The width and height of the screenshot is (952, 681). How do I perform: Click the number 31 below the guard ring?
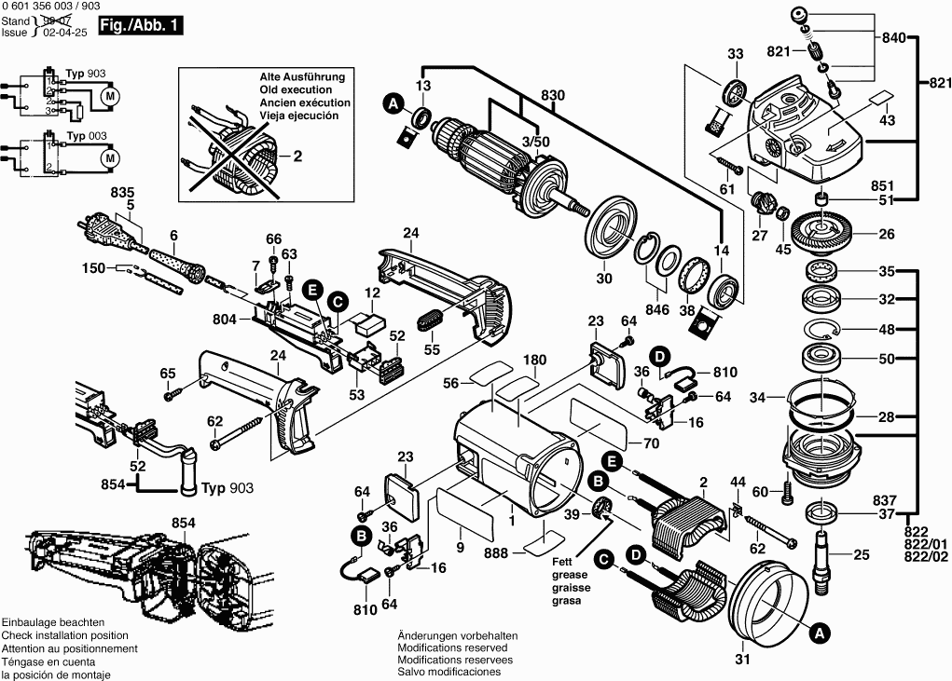[741, 661]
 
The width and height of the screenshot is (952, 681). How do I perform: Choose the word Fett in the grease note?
[562, 561]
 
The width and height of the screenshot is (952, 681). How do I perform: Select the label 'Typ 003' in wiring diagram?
[87, 136]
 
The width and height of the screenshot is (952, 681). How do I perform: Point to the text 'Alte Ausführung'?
[302, 76]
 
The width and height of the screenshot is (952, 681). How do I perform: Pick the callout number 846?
[658, 309]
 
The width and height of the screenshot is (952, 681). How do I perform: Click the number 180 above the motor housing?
[533, 361]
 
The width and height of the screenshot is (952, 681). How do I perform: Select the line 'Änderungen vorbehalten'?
[457, 634]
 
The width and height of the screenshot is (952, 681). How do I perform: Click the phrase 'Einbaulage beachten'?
[53, 622]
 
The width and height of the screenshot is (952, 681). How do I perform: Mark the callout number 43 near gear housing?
[887, 120]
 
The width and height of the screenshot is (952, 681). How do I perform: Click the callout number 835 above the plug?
[123, 192]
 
